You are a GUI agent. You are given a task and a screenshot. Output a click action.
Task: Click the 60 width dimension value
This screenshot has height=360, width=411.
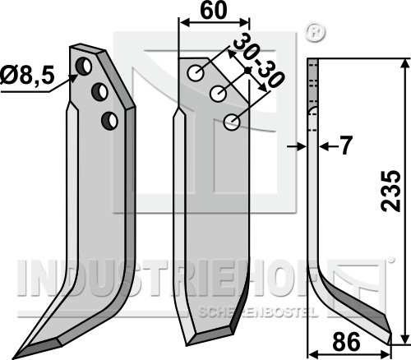[214, 11]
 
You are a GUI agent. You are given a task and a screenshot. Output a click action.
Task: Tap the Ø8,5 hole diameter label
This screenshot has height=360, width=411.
[27, 76]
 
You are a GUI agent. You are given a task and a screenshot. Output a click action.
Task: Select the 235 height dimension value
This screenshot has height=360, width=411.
[391, 191]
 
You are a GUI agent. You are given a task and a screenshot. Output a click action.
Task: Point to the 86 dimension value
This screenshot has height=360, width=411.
[346, 341]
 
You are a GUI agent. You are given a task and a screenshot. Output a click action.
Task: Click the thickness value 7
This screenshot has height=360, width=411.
[346, 145]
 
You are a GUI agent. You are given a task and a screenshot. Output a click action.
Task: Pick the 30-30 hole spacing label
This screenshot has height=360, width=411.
[257, 63]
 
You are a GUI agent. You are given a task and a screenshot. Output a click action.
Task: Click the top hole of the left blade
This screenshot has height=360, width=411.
[84, 67]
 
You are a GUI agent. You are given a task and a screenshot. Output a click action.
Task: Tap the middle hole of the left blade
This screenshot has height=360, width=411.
[99, 92]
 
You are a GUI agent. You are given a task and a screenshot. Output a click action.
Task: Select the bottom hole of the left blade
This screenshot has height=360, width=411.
[109, 121]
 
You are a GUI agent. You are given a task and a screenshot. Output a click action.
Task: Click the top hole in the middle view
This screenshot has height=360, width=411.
[196, 73]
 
